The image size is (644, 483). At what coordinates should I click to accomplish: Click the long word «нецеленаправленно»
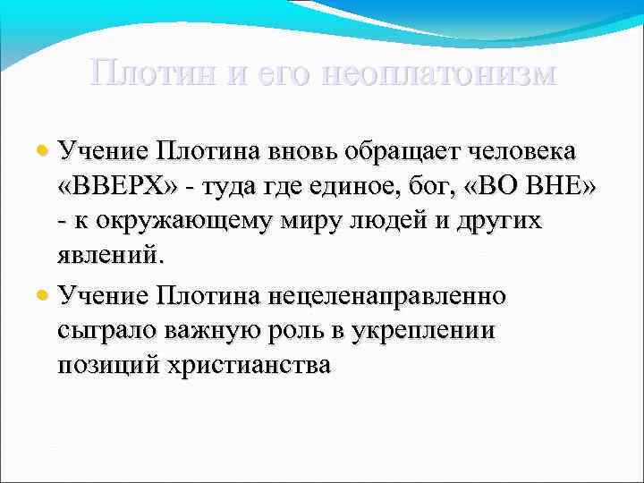point(396,294)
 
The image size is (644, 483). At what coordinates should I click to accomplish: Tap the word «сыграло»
point(107,330)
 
